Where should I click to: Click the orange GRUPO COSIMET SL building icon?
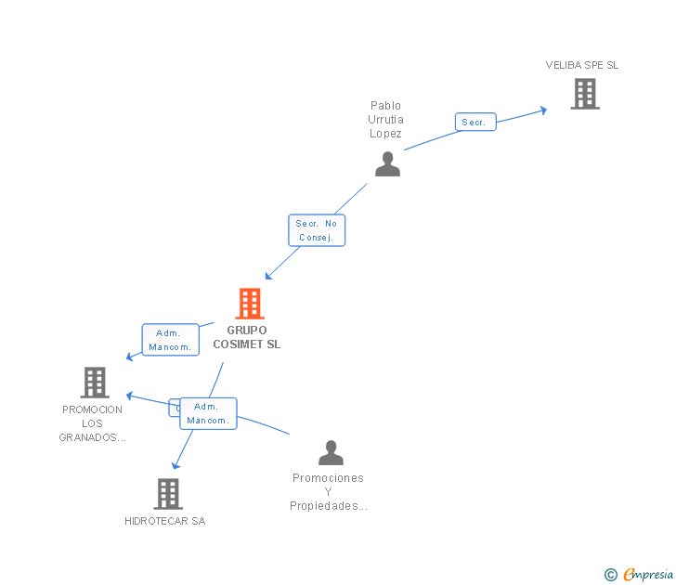tap(249, 304)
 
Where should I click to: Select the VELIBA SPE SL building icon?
tap(584, 93)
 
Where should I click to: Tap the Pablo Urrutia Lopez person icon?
tap(387, 163)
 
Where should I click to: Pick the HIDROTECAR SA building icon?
tap(167, 493)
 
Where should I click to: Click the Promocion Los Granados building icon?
tap(94, 382)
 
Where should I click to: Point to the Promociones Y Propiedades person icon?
tap(331, 453)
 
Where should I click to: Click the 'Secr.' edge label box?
tap(474, 122)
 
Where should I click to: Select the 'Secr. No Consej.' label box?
tap(317, 230)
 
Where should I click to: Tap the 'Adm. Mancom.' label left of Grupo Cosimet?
tap(170, 340)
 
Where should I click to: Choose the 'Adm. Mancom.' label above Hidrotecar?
tap(208, 413)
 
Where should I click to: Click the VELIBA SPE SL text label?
tap(581, 65)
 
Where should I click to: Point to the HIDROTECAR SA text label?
tap(165, 521)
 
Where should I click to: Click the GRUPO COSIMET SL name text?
tap(246, 337)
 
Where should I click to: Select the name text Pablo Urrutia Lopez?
tap(385, 120)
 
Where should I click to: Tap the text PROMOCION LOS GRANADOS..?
tap(93, 423)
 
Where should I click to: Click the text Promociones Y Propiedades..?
tap(328, 492)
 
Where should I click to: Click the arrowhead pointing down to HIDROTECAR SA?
tap(175, 464)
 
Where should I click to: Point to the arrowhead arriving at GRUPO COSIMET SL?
tap(268, 276)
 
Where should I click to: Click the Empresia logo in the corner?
tap(640, 575)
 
